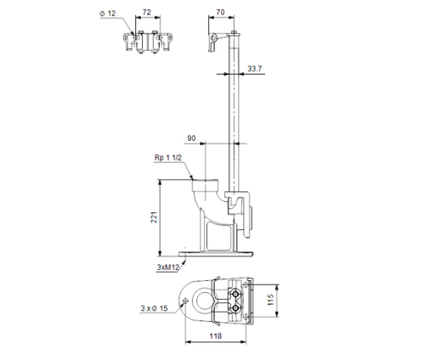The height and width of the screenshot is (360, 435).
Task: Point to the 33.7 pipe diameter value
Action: click(x=255, y=68)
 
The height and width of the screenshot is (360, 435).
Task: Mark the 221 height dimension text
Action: click(x=155, y=218)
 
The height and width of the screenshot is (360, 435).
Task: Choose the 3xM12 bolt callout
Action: click(x=167, y=267)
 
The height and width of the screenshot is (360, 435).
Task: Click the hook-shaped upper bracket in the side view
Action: click(x=215, y=37)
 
